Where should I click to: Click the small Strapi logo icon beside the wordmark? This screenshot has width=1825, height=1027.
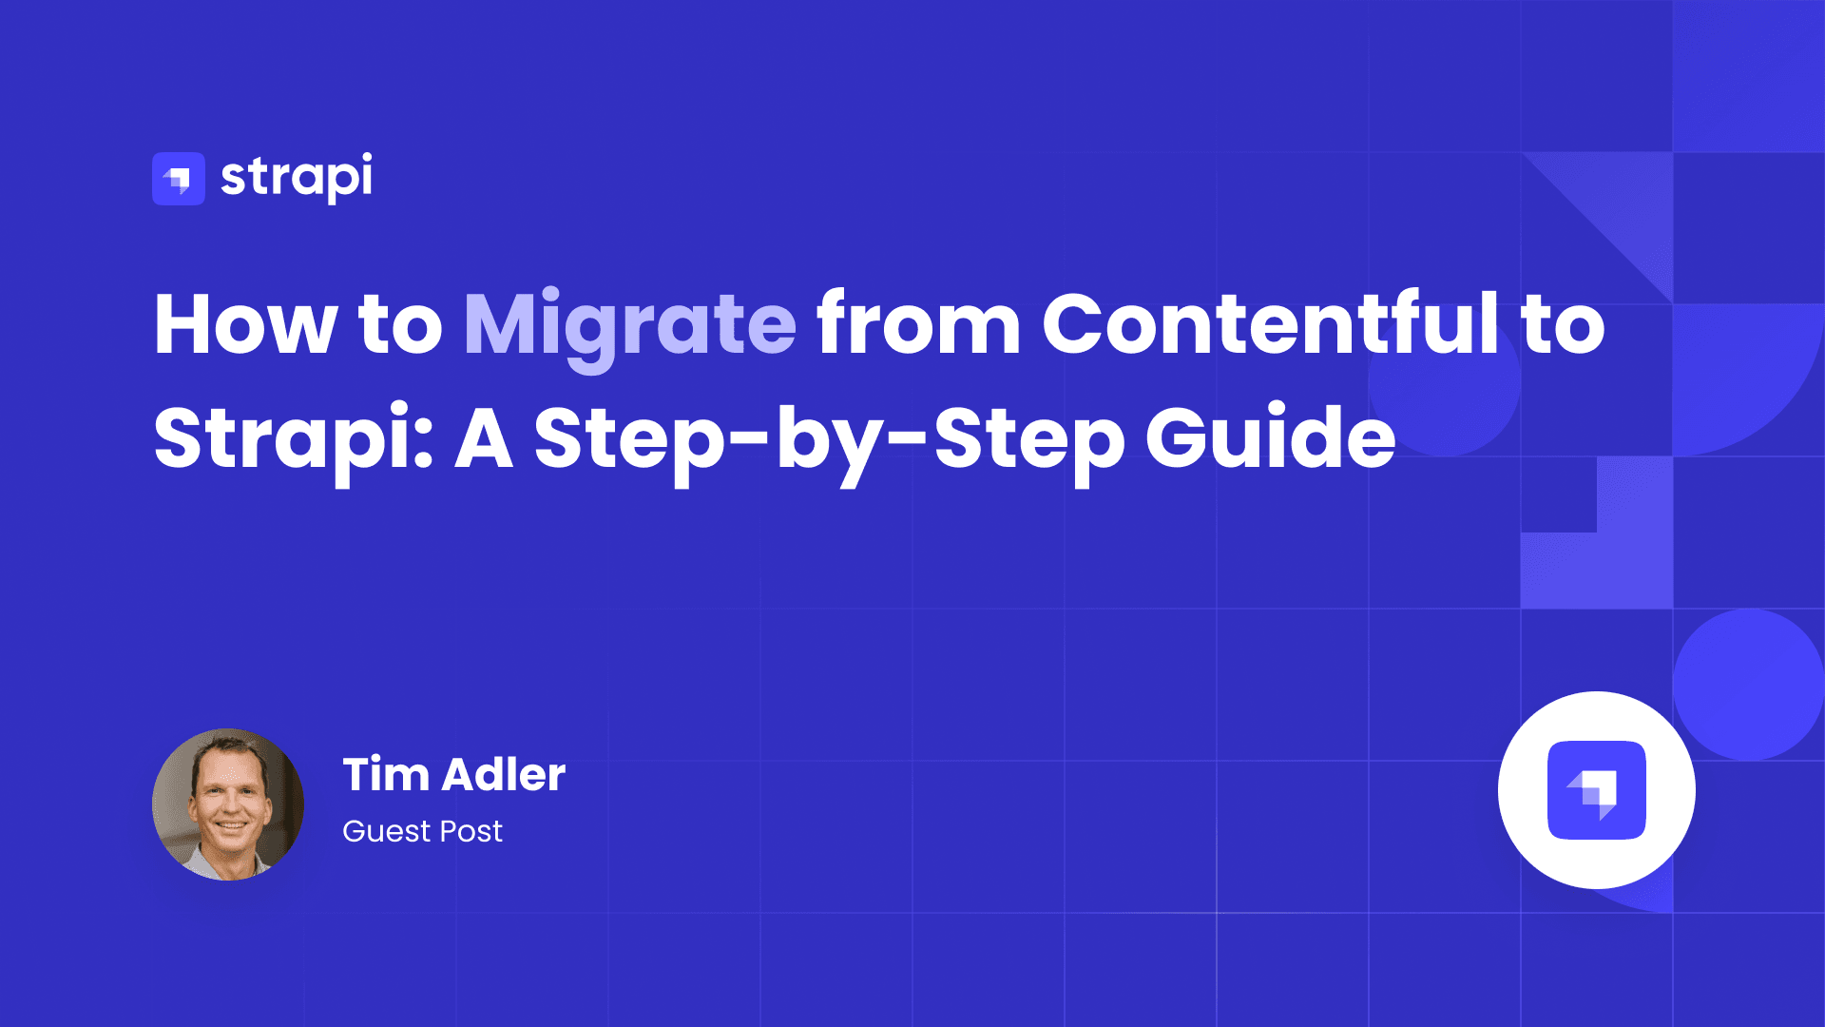[x=179, y=179]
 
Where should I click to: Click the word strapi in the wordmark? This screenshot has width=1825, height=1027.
[x=296, y=178]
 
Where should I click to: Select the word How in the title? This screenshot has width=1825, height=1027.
[x=245, y=325]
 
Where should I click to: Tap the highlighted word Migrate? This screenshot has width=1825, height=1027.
[x=629, y=325]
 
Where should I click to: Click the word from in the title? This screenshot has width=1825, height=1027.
[x=918, y=325]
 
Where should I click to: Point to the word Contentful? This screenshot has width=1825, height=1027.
[x=1270, y=325]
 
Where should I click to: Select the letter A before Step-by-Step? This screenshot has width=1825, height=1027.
[x=484, y=439]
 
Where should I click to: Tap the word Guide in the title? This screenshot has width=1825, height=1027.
[x=1270, y=439]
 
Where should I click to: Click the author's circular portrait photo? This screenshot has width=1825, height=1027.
[x=228, y=804]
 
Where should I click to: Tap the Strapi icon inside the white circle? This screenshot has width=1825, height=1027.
[x=1597, y=790]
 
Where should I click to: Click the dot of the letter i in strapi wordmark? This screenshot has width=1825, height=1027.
[x=366, y=157]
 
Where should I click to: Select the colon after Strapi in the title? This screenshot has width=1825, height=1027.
[x=425, y=439]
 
